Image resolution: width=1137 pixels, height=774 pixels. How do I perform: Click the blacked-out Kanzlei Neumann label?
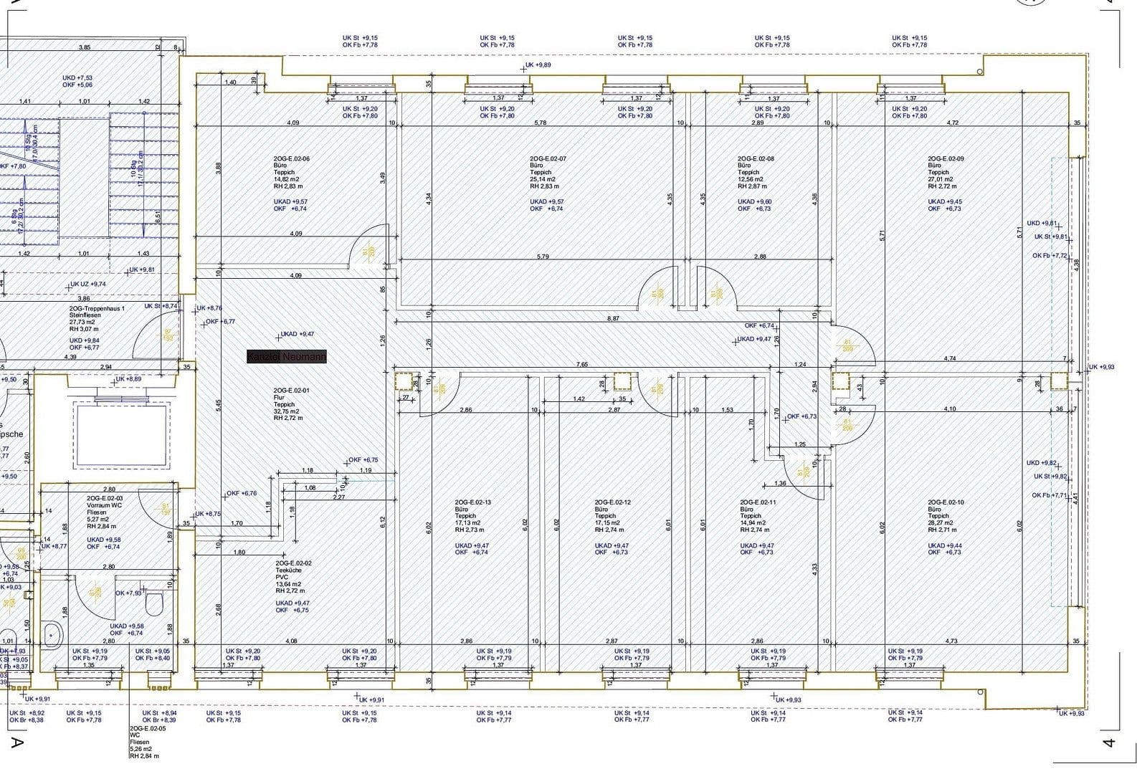click(287, 356)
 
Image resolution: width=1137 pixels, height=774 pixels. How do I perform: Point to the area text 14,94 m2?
click(754, 523)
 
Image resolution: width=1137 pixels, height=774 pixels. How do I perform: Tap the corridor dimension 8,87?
click(613, 317)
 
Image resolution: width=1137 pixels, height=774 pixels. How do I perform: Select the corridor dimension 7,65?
click(581, 365)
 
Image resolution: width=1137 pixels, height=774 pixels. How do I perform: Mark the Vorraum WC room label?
click(105, 505)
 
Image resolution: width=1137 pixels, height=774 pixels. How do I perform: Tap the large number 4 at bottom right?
click(1108, 743)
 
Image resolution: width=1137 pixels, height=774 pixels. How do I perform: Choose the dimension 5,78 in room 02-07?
click(541, 123)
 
